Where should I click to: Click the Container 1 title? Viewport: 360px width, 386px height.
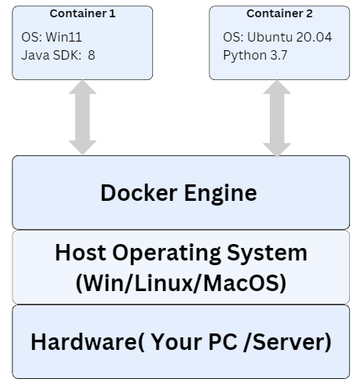pyautogui.click(x=82, y=13)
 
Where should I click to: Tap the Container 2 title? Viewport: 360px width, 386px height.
pyautogui.click(x=279, y=13)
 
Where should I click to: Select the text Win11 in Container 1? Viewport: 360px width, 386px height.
pyautogui.click(x=64, y=37)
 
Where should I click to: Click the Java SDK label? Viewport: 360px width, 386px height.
pyautogui.click(x=51, y=55)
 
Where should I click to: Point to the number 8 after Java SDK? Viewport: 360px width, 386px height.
pyautogui.click(x=91, y=55)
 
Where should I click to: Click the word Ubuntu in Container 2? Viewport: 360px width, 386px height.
pyautogui.click(x=270, y=37)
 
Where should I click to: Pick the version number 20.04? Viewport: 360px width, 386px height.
pyautogui.click(x=315, y=37)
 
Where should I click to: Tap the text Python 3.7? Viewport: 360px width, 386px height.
pyautogui.click(x=255, y=56)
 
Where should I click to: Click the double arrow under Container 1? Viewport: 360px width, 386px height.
pyautogui.click(x=82, y=117)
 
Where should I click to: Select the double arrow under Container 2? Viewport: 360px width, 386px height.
pyautogui.click(x=277, y=118)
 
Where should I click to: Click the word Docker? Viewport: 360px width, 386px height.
pyautogui.click(x=139, y=193)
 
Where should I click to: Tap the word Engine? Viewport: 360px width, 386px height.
pyautogui.click(x=220, y=194)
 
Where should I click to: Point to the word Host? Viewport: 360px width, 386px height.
pyautogui.click(x=81, y=253)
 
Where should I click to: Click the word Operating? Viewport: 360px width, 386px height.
pyautogui.click(x=166, y=253)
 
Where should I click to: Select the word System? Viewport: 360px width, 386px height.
pyautogui.click(x=267, y=253)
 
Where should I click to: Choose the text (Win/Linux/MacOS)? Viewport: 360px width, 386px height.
pyautogui.click(x=181, y=283)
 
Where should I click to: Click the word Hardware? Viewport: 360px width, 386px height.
pyautogui.click(x=84, y=341)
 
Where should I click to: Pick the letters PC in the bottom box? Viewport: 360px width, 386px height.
pyautogui.click(x=223, y=341)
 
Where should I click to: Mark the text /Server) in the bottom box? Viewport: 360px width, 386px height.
pyautogui.click(x=287, y=342)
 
